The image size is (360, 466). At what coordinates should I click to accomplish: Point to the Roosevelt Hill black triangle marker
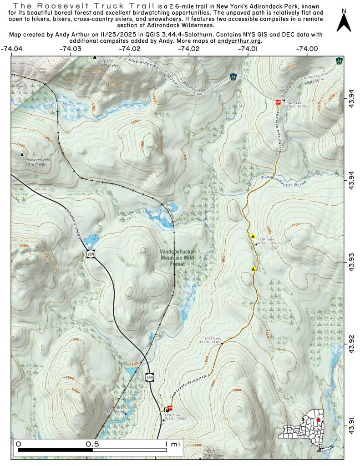22,154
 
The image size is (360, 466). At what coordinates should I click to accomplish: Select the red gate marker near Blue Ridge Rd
279,102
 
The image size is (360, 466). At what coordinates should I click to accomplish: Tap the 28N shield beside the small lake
91,253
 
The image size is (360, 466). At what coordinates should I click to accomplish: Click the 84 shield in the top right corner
339,60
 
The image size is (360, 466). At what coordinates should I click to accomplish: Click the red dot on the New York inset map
319,419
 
